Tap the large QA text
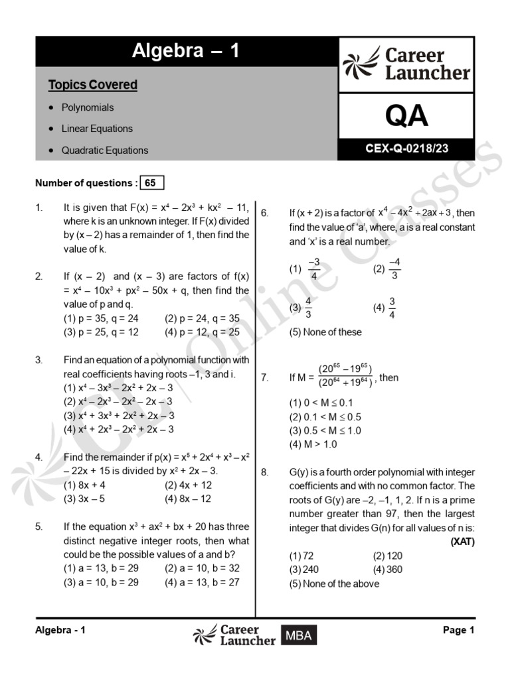click(406, 116)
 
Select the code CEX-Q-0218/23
click(406, 149)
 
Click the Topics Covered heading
click(92, 85)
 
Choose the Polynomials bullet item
click(87, 107)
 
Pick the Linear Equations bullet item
click(96, 129)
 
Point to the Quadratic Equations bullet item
click(104, 150)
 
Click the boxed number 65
click(150, 183)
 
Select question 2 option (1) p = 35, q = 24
click(100, 318)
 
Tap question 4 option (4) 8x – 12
click(188, 499)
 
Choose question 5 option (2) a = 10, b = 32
click(202, 568)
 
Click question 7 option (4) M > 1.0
click(313, 444)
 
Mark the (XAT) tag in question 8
click(462, 541)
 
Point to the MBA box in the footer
click(298, 636)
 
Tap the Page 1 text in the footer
click(458, 631)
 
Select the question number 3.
click(39, 360)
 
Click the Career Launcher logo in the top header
click(406, 64)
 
